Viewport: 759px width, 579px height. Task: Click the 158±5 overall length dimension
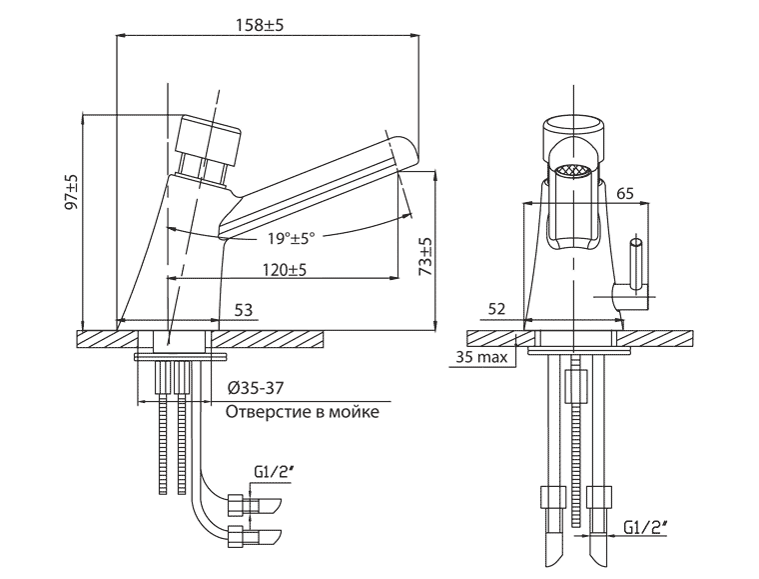[x=260, y=25]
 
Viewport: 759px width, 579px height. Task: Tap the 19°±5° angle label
[x=292, y=238]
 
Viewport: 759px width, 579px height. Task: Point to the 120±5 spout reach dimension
[x=285, y=269]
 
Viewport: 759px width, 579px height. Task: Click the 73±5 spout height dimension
[x=425, y=256]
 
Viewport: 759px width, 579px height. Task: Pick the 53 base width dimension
[x=244, y=310]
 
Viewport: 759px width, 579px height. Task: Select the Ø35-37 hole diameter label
[x=255, y=388]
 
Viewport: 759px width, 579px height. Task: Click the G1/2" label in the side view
[x=271, y=472]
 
